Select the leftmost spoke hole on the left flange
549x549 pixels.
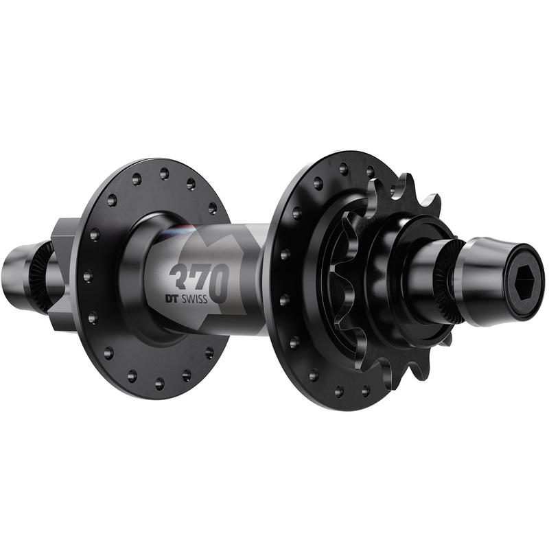click(x=87, y=277)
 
